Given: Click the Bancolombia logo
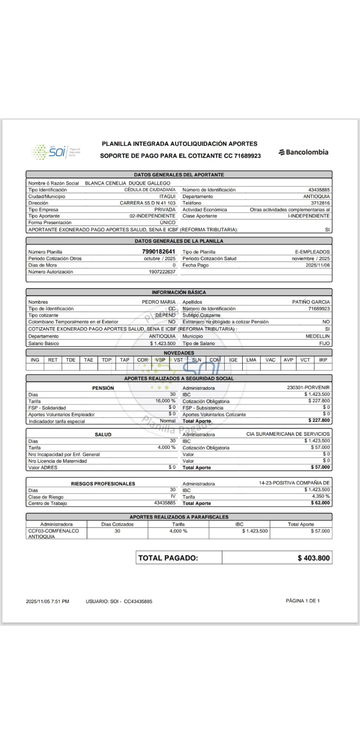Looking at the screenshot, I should click(x=303, y=152).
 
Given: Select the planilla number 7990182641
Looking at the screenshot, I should click(x=159, y=252).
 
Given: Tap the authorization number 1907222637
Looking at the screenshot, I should click(x=162, y=272).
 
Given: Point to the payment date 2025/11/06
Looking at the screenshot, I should click(x=318, y=265).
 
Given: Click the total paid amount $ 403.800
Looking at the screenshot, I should click(x=313, y=558).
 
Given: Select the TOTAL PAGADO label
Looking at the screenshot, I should click(x=168, y=558).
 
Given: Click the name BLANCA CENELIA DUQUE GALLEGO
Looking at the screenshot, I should click(x=127, y=183).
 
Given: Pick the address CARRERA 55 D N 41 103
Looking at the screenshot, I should click(x=147, y=203).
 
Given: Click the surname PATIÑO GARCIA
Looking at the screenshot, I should click(x=311, y=302).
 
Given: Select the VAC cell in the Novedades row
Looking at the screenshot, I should click(x=270, y=360).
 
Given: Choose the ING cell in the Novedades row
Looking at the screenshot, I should click(x=35, y=360).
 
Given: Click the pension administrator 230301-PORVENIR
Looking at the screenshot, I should click(x=308, y=387).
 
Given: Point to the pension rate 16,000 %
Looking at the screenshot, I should click(x=165, y=401).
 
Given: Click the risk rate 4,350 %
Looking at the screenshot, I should click(x=321, y=496).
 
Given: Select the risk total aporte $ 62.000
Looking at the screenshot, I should click(x=320, y=503).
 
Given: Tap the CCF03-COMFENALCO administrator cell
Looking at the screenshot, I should click(x=53, y=533).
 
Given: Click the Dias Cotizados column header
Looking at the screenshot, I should click(x=117, y=524).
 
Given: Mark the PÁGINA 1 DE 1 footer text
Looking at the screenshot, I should click(x=303, y=601).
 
